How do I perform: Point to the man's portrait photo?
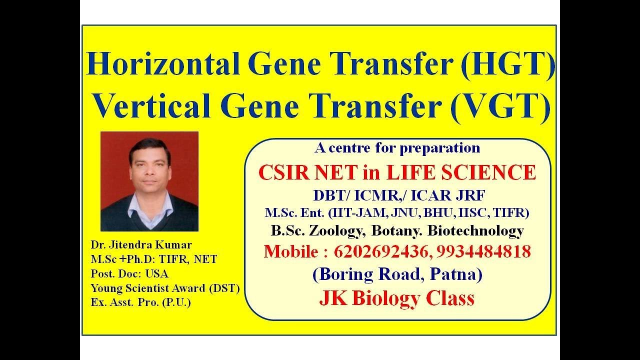pos(149,181)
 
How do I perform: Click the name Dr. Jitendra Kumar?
pos(141,245)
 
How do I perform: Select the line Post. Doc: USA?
pos(129,273)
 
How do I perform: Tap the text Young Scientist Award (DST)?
pos(165,288)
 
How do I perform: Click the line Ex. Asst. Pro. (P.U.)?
pos(140,302)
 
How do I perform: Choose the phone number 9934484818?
pos(483,251)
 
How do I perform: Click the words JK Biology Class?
pos(396,298)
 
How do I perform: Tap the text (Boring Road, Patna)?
pos(397,274)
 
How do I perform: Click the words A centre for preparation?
pos(397,148)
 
